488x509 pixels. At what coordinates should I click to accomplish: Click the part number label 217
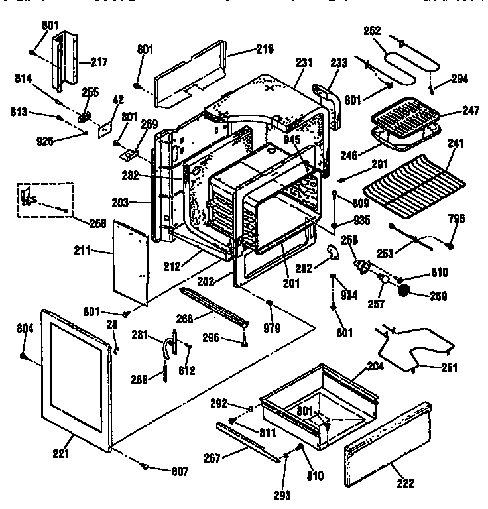[99, 63]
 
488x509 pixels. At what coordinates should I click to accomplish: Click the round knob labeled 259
[402, 290]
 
